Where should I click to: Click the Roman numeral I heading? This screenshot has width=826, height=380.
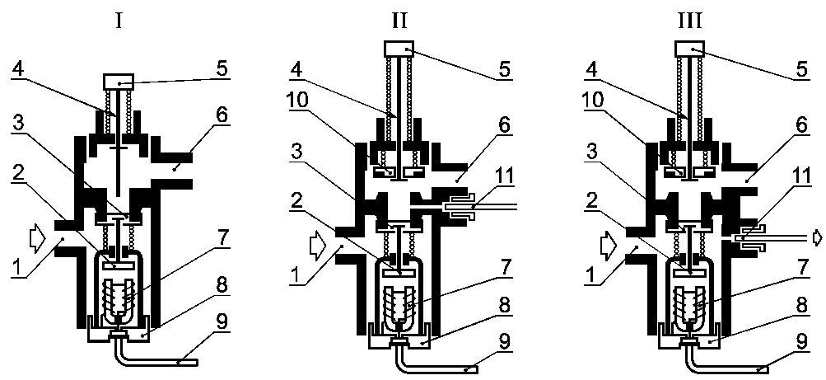click(x=119, y=21)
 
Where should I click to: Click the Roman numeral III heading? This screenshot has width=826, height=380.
click(x=689, y=21)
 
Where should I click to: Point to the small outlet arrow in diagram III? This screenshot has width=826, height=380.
click(x=817, y=238)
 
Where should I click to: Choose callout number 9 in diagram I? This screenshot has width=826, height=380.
click(x=224, y=321)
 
